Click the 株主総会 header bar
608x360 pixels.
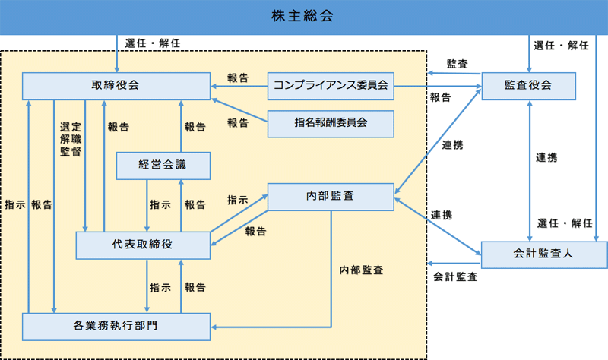(304, 16)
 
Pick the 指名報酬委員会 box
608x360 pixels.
(331, 123)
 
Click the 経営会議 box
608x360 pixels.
(162, 165)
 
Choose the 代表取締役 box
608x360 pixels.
(143, 245)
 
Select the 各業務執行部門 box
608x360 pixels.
(116, 326)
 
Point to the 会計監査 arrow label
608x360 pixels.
(455, 277)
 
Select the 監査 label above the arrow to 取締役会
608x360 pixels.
(458, 63)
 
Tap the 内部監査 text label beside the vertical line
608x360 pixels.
(361, 270)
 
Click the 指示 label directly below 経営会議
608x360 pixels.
(160, 204)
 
